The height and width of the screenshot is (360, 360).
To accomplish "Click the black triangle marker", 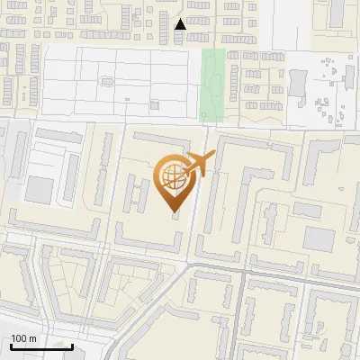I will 181,24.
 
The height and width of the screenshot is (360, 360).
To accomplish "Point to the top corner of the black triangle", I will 181,18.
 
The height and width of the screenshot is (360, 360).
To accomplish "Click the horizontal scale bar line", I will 41,346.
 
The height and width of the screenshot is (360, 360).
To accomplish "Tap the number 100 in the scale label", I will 20,338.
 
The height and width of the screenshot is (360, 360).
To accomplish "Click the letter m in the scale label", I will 32,338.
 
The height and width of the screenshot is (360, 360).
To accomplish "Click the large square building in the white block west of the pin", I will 40,190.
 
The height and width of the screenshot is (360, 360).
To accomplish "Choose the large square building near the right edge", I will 319,238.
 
